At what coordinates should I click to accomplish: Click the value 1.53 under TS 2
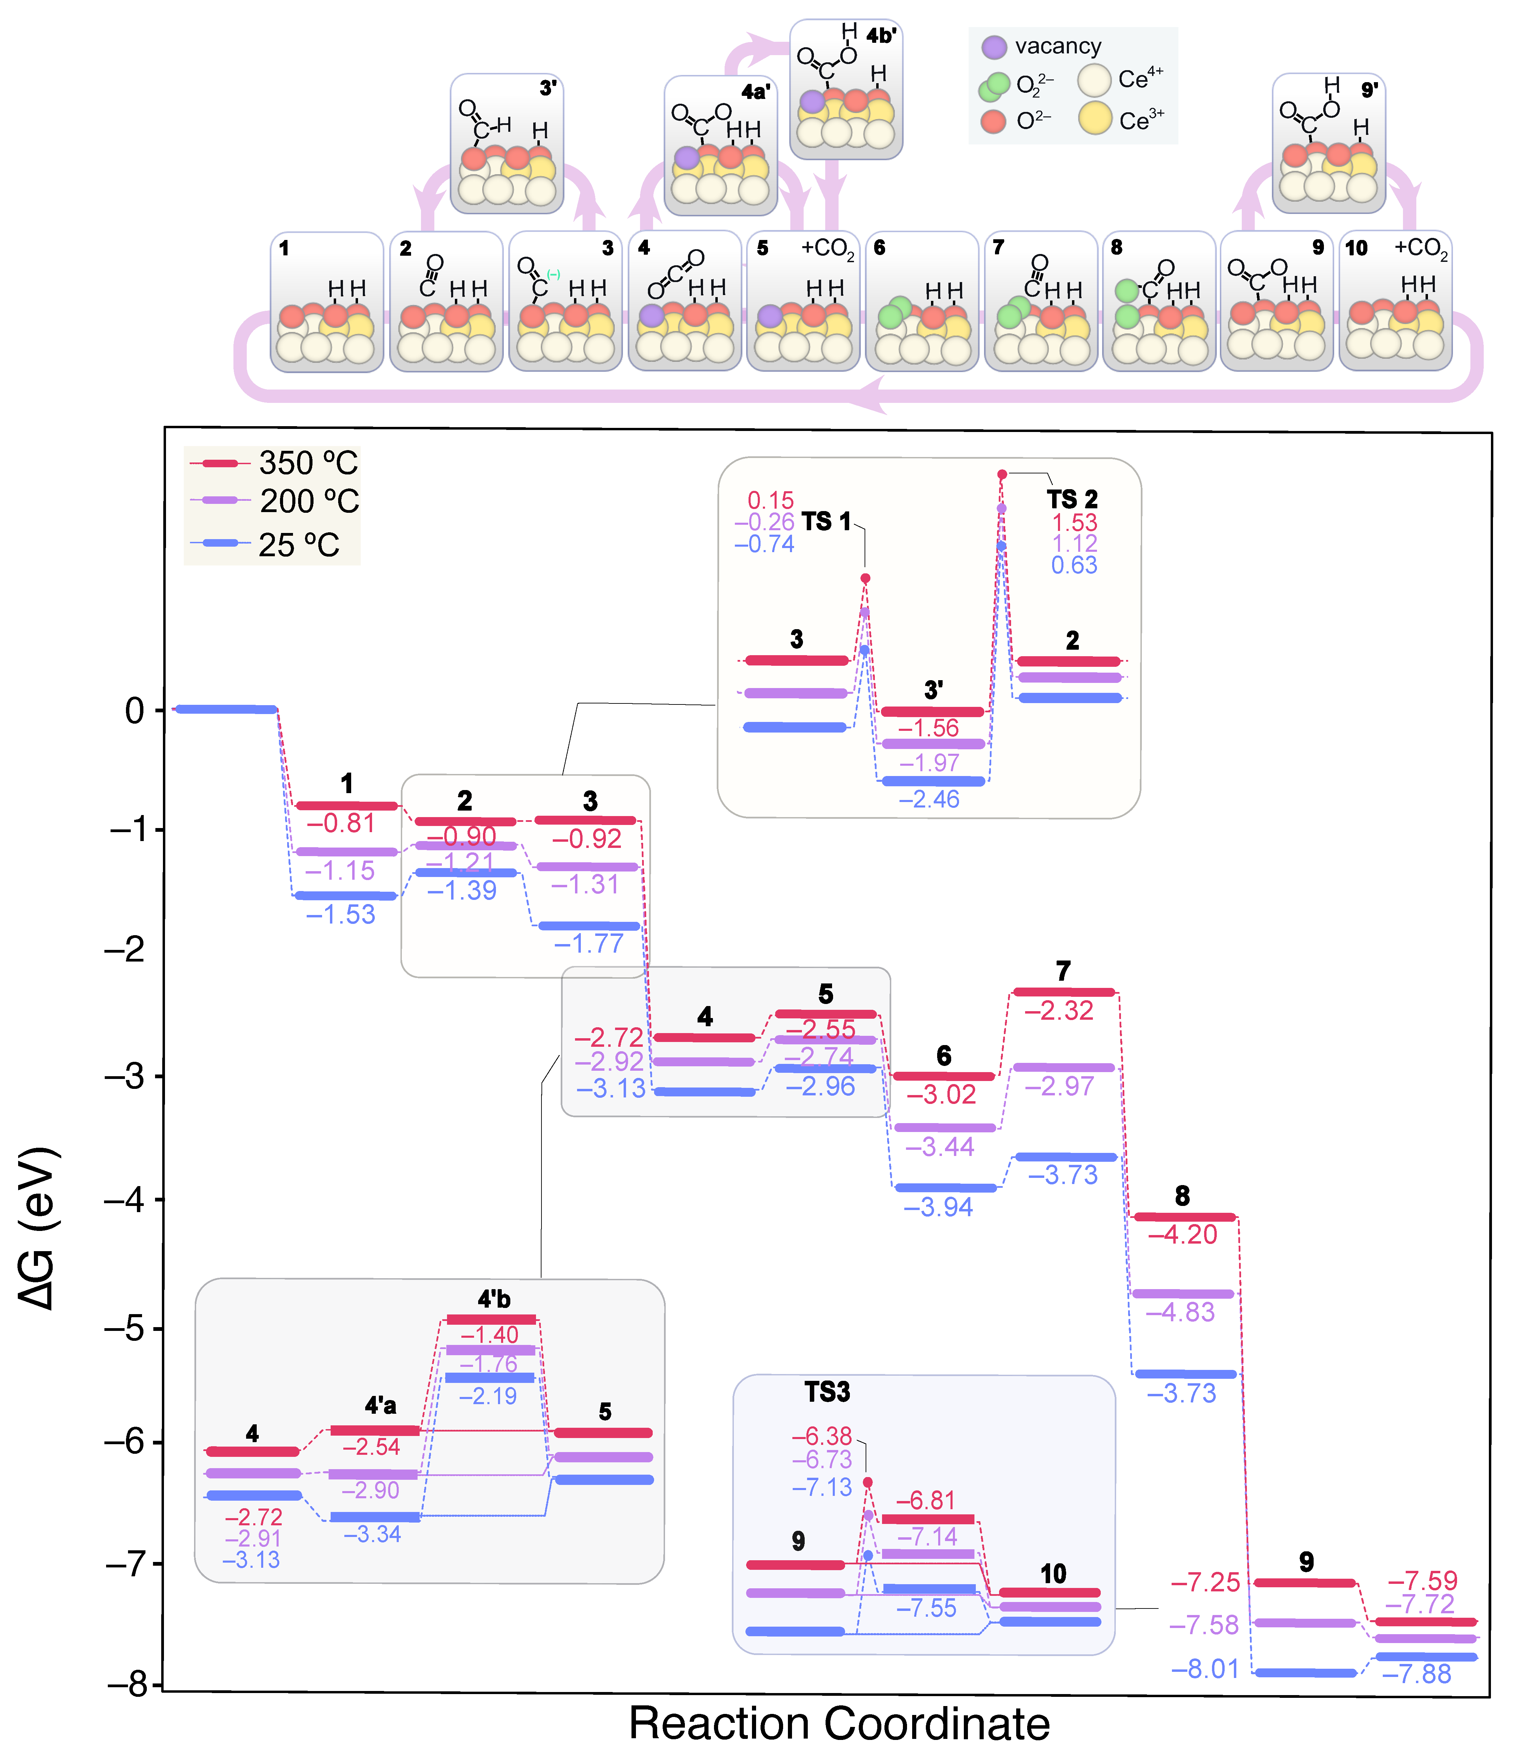tap(1074, 522)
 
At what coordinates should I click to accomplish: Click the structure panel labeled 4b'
tap(846, 89)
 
